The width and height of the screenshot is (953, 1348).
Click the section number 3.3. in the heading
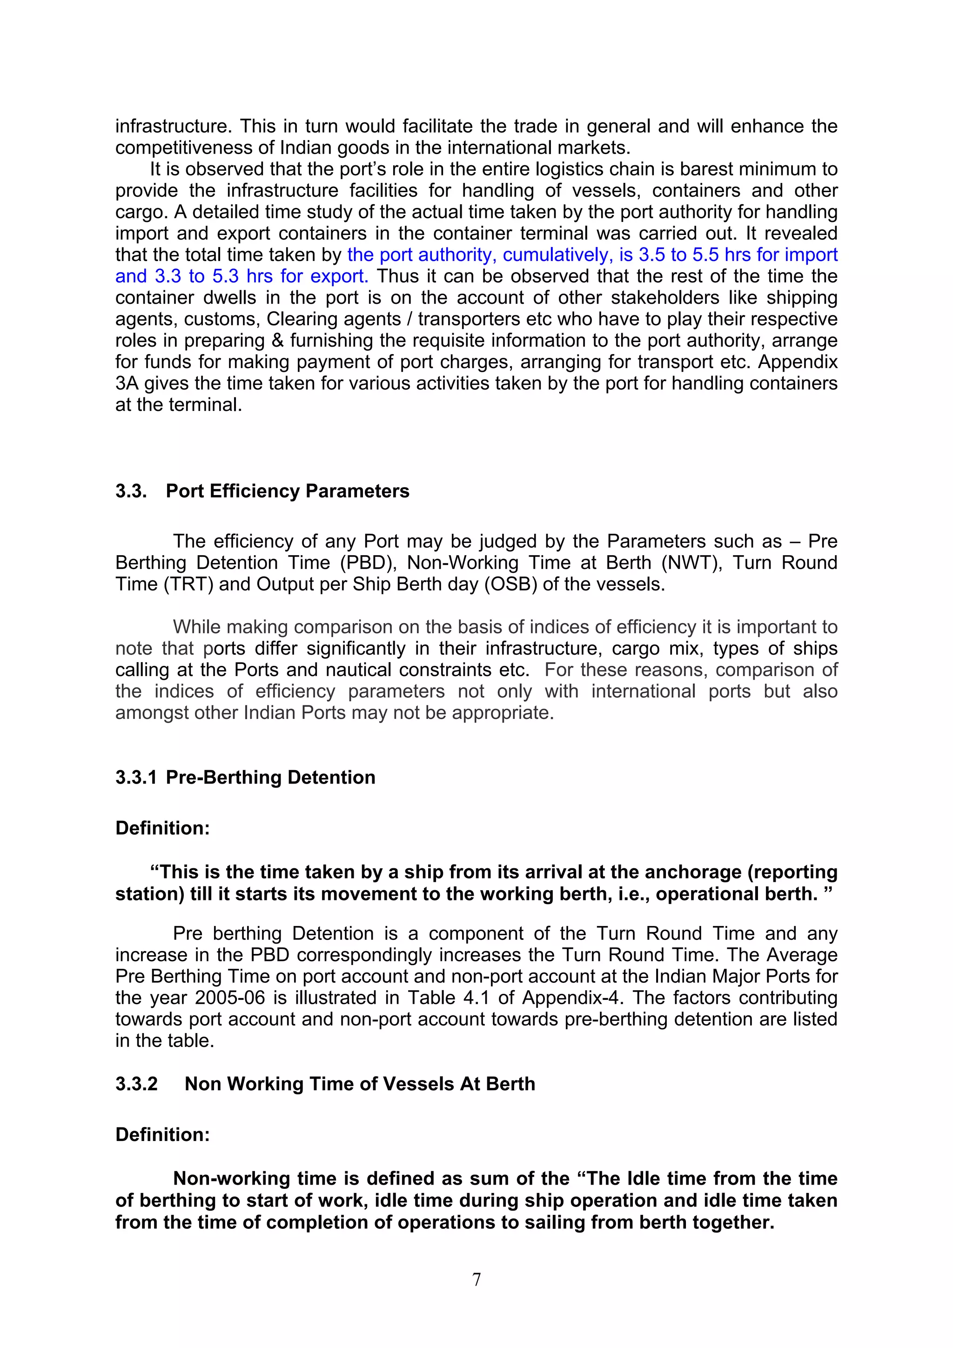click(131, 491)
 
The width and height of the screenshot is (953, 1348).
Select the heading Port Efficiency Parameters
click(287, 491)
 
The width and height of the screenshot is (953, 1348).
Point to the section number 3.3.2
click(136, 1083)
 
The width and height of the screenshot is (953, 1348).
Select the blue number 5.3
click(226, 276)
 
